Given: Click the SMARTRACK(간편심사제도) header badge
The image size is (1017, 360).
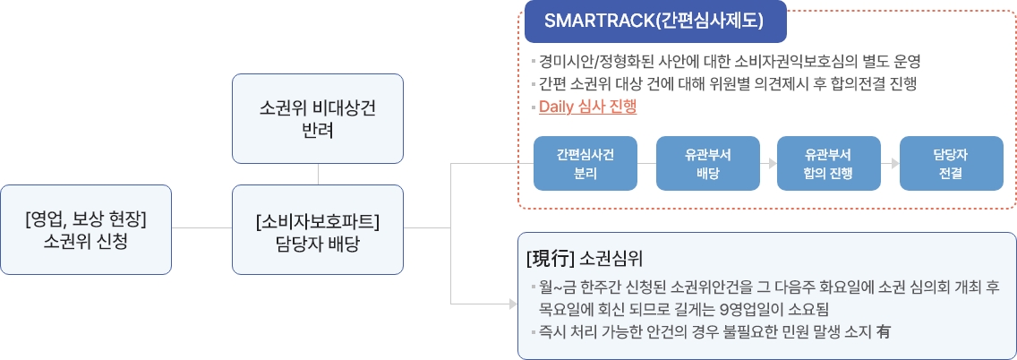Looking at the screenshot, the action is (x=655, y=21).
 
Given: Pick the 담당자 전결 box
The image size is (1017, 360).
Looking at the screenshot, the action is (x=951, y=164).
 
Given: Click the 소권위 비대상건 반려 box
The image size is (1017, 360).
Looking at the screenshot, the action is (x=318, y=118).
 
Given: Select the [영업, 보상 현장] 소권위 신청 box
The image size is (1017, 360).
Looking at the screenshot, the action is (x=86, y=229).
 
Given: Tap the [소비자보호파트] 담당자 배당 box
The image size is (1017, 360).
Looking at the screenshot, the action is (x=318, y=229).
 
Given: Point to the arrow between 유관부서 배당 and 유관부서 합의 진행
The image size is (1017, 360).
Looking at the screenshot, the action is (x=768, y=164).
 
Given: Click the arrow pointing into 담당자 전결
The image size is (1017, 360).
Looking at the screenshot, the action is (x=890, y=164).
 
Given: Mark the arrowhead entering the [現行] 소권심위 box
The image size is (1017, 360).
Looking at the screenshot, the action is (x=513, y=304).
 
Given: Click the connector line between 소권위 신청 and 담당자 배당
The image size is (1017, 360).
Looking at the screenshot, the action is (x=201, y=227).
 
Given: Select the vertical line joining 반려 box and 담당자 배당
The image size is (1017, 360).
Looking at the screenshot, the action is (x=318, y=174).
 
